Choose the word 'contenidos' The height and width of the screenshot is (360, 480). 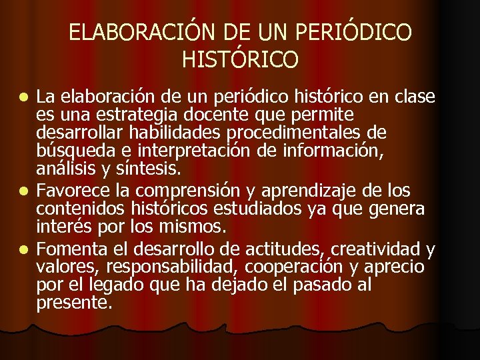77,210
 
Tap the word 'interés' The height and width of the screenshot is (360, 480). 61,227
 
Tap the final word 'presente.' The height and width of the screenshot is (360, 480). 74,303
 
